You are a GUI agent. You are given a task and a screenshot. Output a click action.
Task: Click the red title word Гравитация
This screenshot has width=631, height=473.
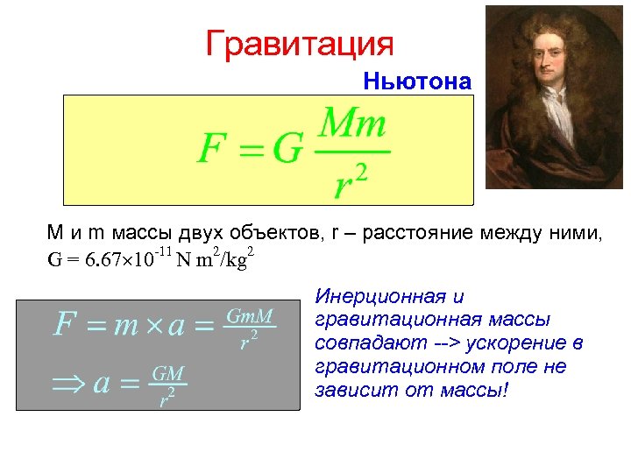click(300, 43)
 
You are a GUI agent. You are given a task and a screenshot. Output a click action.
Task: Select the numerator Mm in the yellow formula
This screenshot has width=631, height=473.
click(352, 124)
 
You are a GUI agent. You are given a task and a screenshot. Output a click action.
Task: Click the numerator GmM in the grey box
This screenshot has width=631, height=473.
click(251, 314)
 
